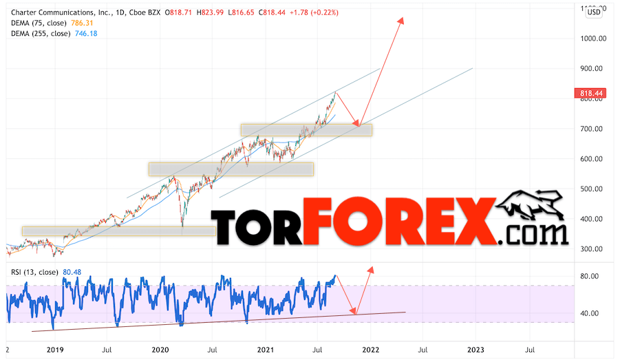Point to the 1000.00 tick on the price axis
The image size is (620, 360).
592,39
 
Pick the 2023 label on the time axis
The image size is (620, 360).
475,350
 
